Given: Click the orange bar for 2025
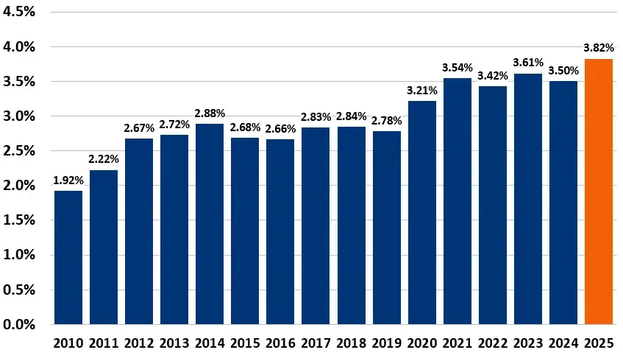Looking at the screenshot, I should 598,192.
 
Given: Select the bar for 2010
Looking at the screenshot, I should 68,257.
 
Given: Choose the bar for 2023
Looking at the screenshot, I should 527,199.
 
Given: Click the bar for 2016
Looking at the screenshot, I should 280,231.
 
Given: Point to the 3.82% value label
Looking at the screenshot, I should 599,48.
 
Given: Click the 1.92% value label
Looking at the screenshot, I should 68,180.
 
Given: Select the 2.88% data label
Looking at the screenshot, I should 210,113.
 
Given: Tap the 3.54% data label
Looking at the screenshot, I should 457,67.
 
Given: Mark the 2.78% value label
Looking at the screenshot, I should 386,120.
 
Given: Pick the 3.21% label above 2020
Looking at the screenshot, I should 421,90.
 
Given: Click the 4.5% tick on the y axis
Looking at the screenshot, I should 20,12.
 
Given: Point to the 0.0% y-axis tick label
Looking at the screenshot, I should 20,324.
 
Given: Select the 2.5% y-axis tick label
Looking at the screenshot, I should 20,151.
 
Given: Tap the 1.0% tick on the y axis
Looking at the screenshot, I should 20,255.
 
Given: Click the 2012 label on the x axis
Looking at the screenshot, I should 139,343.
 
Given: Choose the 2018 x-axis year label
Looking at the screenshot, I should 351,343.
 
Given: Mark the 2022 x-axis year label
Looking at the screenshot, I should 492,343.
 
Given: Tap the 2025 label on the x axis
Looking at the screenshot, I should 599,343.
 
